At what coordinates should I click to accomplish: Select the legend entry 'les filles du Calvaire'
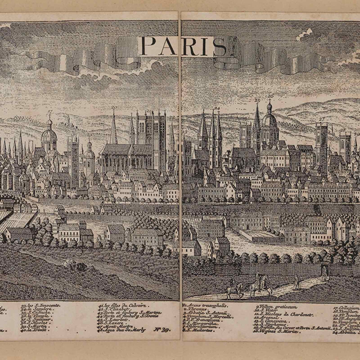pyautogui.click(x=122, y=305)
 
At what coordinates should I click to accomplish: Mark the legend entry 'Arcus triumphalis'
pyautogui.click(x=205, y=305)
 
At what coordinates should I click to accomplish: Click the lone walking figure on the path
pyautogui.click(x=296, y=282)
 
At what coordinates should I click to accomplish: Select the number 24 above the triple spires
pyautogui.click(x=217, y=108)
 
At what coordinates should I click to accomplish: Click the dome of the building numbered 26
pyautogui.click(x=270, y=120)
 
